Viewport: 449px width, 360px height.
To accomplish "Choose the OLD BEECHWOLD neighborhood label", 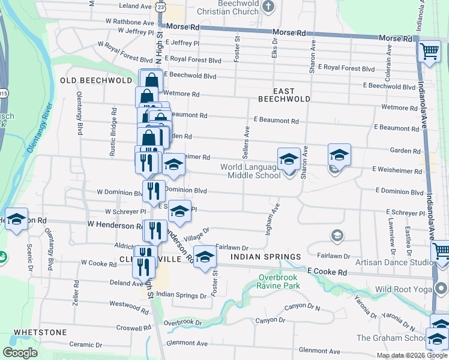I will pos(96,80).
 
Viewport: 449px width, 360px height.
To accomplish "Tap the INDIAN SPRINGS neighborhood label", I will pos(258,257).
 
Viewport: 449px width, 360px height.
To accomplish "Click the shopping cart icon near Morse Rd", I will pos(429,53).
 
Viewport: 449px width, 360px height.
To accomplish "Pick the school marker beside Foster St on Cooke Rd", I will pos(204,257).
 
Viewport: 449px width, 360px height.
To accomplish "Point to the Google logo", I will pos(20,353).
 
